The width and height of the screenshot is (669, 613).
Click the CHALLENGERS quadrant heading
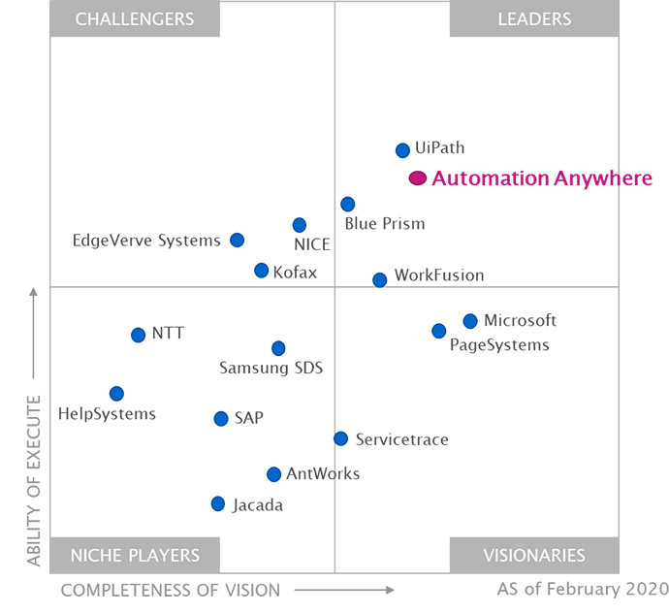(135, 19)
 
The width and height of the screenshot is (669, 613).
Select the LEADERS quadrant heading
(534, 19)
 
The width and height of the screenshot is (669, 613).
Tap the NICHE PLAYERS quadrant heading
(135, 556)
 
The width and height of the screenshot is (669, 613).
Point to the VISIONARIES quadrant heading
(534, 556)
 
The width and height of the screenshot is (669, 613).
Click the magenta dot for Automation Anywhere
(417, 177)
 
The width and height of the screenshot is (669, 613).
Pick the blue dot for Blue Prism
(346, 204)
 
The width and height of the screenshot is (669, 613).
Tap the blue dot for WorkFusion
(380, 278)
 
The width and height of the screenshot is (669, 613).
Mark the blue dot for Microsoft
(470, 320)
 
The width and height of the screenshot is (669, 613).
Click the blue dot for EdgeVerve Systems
(238, 240)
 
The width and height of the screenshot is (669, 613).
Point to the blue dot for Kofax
(260, 271)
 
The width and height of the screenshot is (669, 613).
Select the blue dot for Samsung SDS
(278, 348)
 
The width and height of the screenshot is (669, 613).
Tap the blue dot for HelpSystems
(116, 394)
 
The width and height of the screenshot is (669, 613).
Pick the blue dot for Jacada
(218, 503)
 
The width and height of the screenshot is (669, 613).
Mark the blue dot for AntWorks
(274, 474)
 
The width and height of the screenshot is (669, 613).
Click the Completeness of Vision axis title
(172, 588)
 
